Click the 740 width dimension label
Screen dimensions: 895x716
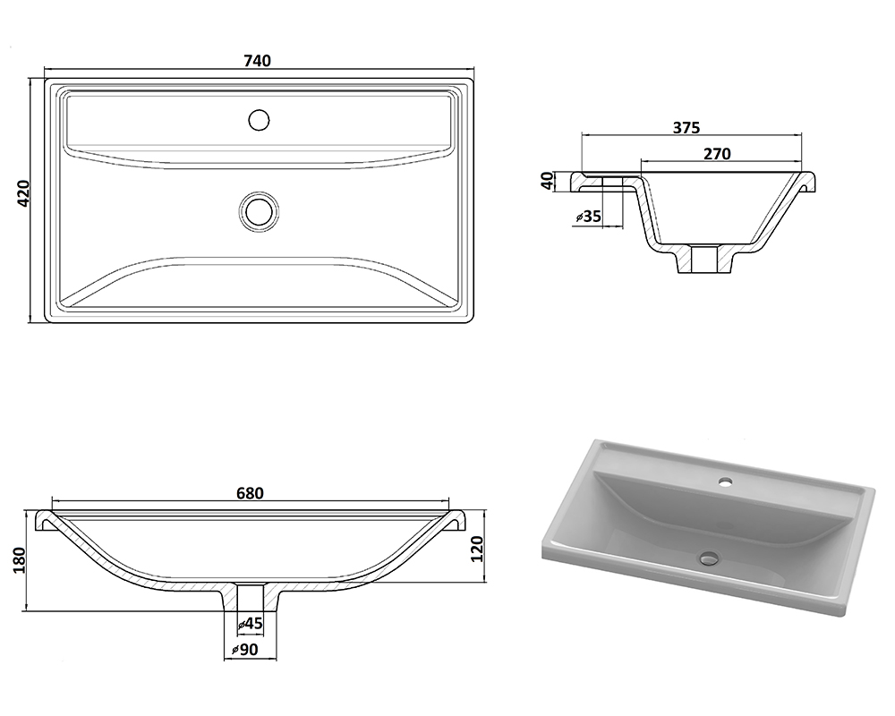coord(258,61)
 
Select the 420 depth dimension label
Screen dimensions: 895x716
coord(23,193)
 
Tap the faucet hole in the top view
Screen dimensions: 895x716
coord(260,120)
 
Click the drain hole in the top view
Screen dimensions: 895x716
coord(260,211)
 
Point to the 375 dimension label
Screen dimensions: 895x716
coord(686,127)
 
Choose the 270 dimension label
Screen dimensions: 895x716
coord(718,154)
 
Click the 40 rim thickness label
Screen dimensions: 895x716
coord(548,181)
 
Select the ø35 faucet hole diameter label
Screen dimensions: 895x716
coord(589,217)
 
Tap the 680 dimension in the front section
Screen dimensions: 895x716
coord(250,493)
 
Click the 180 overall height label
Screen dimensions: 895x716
coord(20,560)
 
